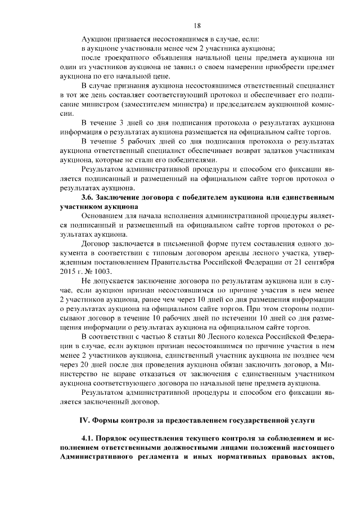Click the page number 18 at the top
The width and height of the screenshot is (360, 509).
pyautogui.click(x=197, y=25)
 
